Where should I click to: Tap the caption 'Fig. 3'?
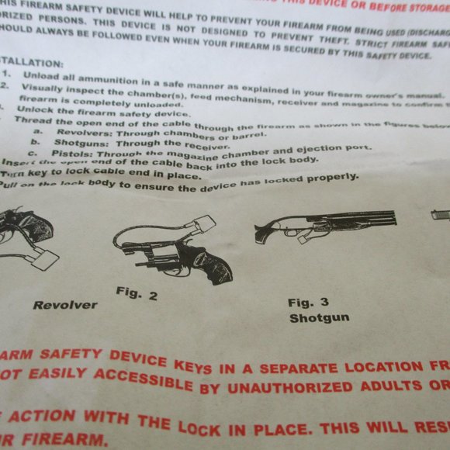308,303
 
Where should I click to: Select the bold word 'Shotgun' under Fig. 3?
319,317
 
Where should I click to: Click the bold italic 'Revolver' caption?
65,305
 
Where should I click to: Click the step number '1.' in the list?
6,74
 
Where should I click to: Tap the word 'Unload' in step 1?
40,77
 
